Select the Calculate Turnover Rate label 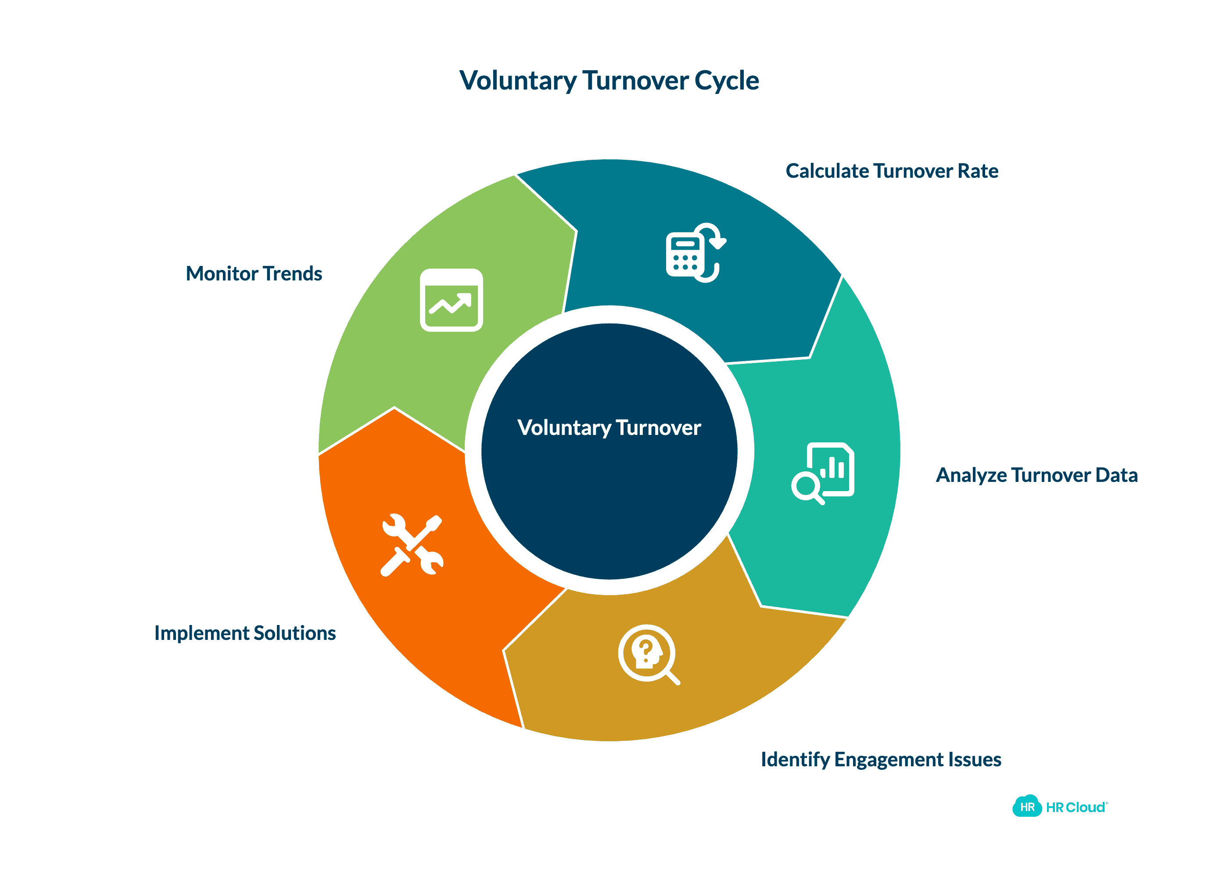click(x=892, y=171)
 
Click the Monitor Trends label click(x=254, y=273)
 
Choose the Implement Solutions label click(x=245, y=632)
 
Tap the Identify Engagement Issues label click(x=880, y=759)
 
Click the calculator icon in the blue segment click(x=694, y=252)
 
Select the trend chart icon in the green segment click(x=451, y=300)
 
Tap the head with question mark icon click(x=648, y=654)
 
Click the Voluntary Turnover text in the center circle click(x=609, y=427)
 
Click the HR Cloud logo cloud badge click(x=1026, y=806)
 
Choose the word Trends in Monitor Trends click(x=292, y=273)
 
